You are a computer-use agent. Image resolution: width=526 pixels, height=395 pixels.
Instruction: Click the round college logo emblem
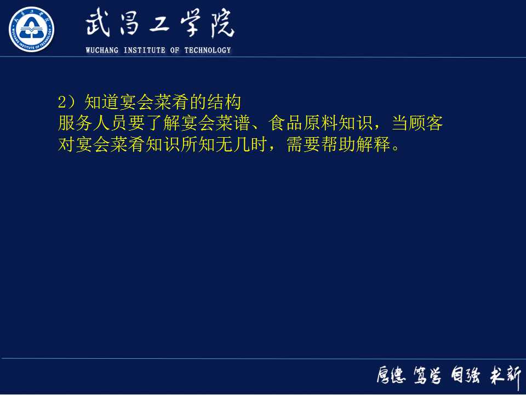coord(31,30)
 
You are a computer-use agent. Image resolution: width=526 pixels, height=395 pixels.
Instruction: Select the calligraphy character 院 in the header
coord(219,25)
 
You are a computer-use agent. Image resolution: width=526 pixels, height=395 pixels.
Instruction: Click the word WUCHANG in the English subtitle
coord(102,50)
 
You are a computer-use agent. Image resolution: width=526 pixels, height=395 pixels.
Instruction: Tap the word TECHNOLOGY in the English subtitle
coord(208,50)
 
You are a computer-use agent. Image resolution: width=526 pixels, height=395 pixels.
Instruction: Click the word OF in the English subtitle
coord(175,50)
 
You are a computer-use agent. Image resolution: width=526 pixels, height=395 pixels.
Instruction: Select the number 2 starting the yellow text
coord(62,102)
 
